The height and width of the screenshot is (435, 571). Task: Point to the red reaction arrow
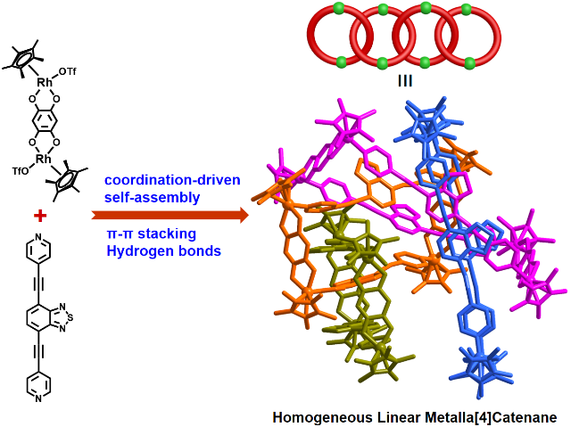[170, 215]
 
